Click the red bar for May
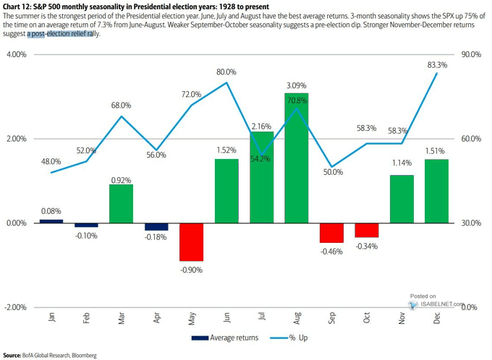click(x=192, y=241)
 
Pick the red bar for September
click(x=331, y=232)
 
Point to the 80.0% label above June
click(x=226, y=72)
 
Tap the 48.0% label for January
click(x=51, y=161)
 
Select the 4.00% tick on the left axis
click(x=17, y=54)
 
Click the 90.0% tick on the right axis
click(x=470, y=54)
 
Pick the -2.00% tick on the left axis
click(x=16, y=307)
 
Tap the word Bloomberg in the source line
click(x=82, y=355)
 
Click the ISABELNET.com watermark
click(x=439, y=303)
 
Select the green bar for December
click(x=436, y=191)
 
